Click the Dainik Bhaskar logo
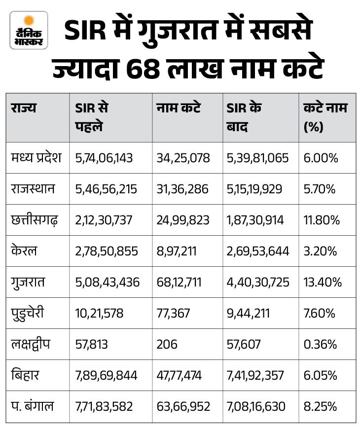click(29, 31)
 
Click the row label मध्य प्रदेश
click(36, 157)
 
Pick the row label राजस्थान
click(33, 189)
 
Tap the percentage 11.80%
click(322, 220)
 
